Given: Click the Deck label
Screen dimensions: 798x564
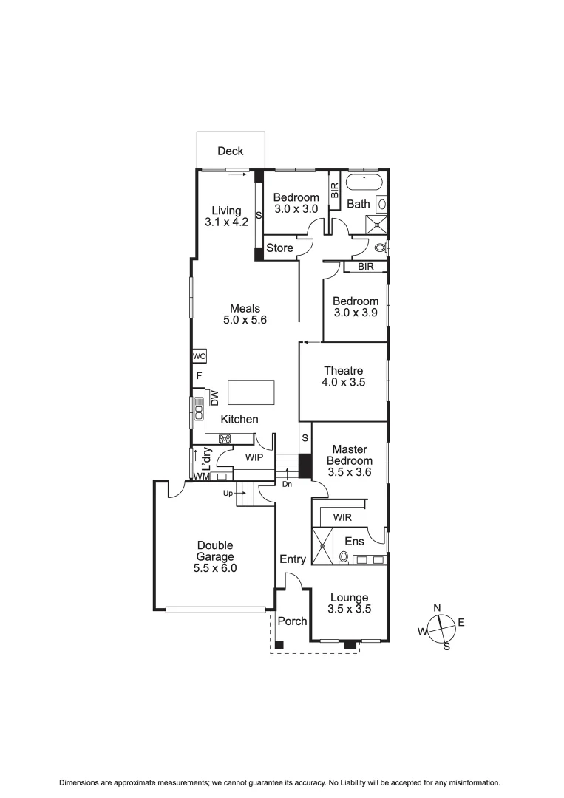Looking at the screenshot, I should [x=230, y=151].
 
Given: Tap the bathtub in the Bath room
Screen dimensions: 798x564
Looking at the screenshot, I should [x=364, y=184].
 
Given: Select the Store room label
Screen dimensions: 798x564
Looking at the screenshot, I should [x=279, y=248].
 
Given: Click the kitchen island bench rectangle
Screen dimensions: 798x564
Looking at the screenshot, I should [x=251, y=392].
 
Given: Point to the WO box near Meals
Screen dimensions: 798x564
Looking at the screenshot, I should [x=198, y=356].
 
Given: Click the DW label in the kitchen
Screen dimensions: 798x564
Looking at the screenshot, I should [x=214, y=397].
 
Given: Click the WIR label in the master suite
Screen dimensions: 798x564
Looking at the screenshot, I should [x=342, y=516].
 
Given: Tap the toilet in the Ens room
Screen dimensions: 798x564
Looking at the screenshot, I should [x=344, y=557].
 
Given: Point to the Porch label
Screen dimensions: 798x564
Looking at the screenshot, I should [x=292, y=621].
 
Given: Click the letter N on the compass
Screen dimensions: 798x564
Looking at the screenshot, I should [x=437, y=607].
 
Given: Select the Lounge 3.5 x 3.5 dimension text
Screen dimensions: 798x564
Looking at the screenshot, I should [x=349, y=610].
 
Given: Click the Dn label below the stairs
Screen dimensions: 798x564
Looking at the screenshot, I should [x=287, y=485].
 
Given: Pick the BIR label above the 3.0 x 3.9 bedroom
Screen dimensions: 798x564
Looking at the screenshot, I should [x=365, y=267].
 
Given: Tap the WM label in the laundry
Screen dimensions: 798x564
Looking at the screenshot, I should [x=201, y=477].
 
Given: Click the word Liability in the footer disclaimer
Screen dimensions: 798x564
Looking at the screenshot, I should [x=337, y=782].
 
